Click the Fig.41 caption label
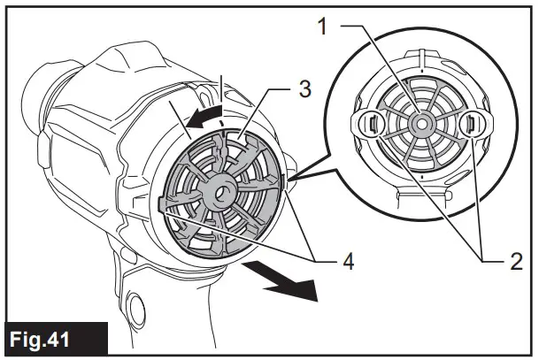click(55, 338)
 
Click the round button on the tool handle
click(136, 309)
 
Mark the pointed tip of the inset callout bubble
click(289, 180)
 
